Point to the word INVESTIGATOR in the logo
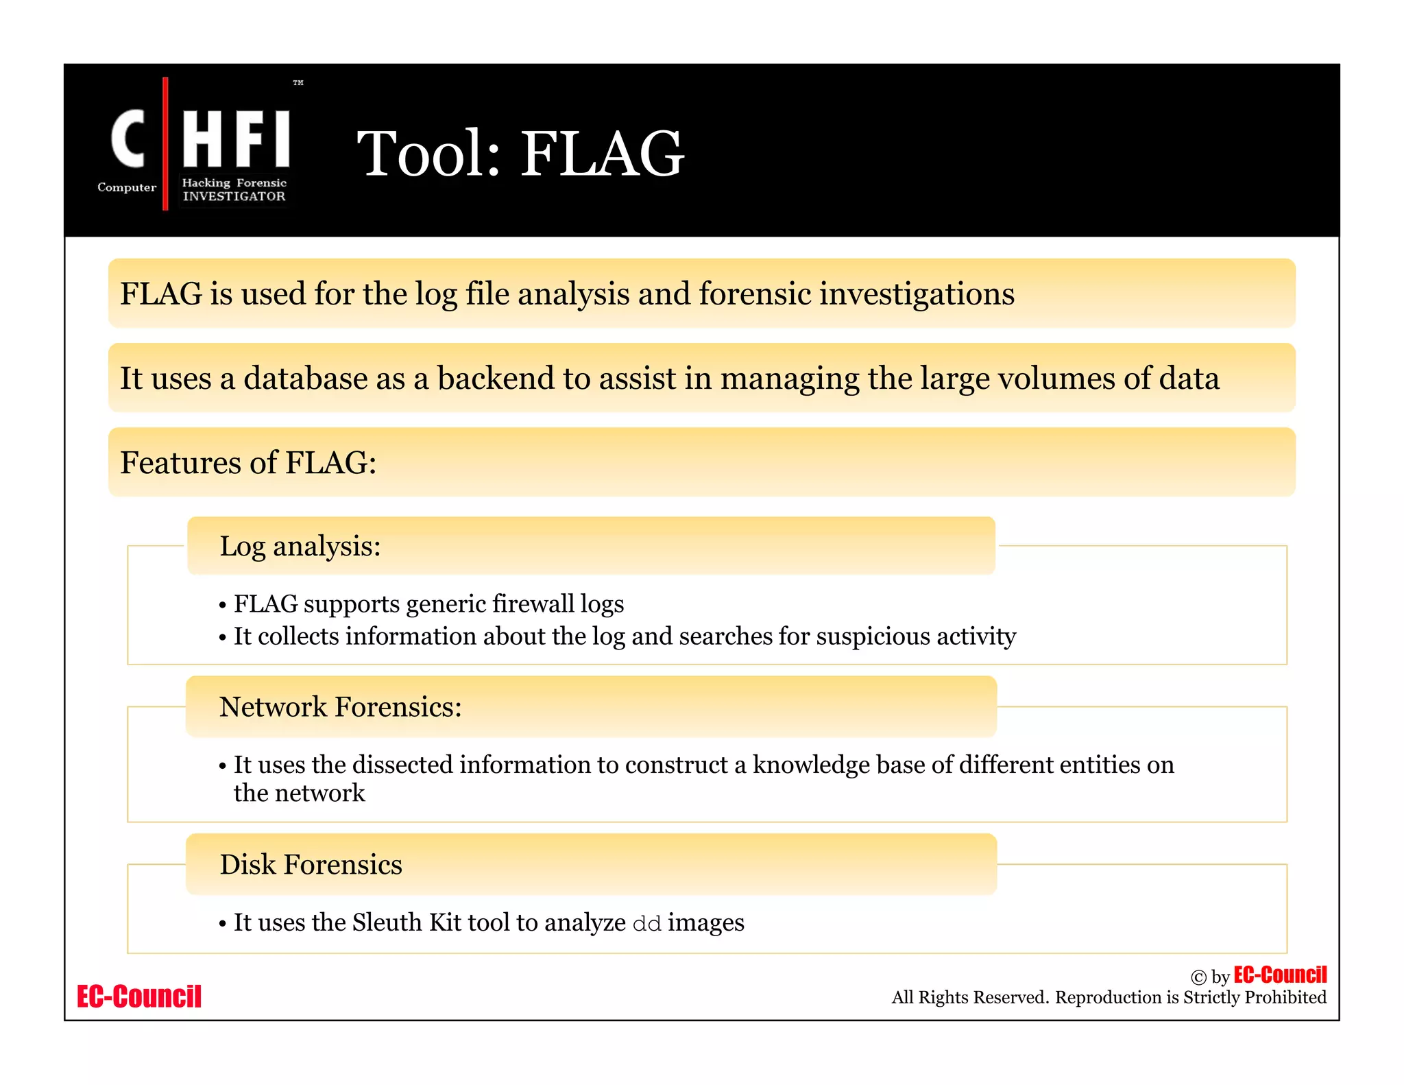coord(234,197)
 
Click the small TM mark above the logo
coord(298,83)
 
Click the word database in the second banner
coord(306,379)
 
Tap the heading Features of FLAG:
coord(248,463)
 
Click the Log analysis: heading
coord(300,547)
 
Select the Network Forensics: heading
coord(340,707)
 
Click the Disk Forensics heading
coord(311,865)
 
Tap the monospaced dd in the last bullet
coord(646,924)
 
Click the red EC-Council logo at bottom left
coord(139,997)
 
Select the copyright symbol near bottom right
coord(1198,977)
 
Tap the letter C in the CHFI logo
coord(128,139)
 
